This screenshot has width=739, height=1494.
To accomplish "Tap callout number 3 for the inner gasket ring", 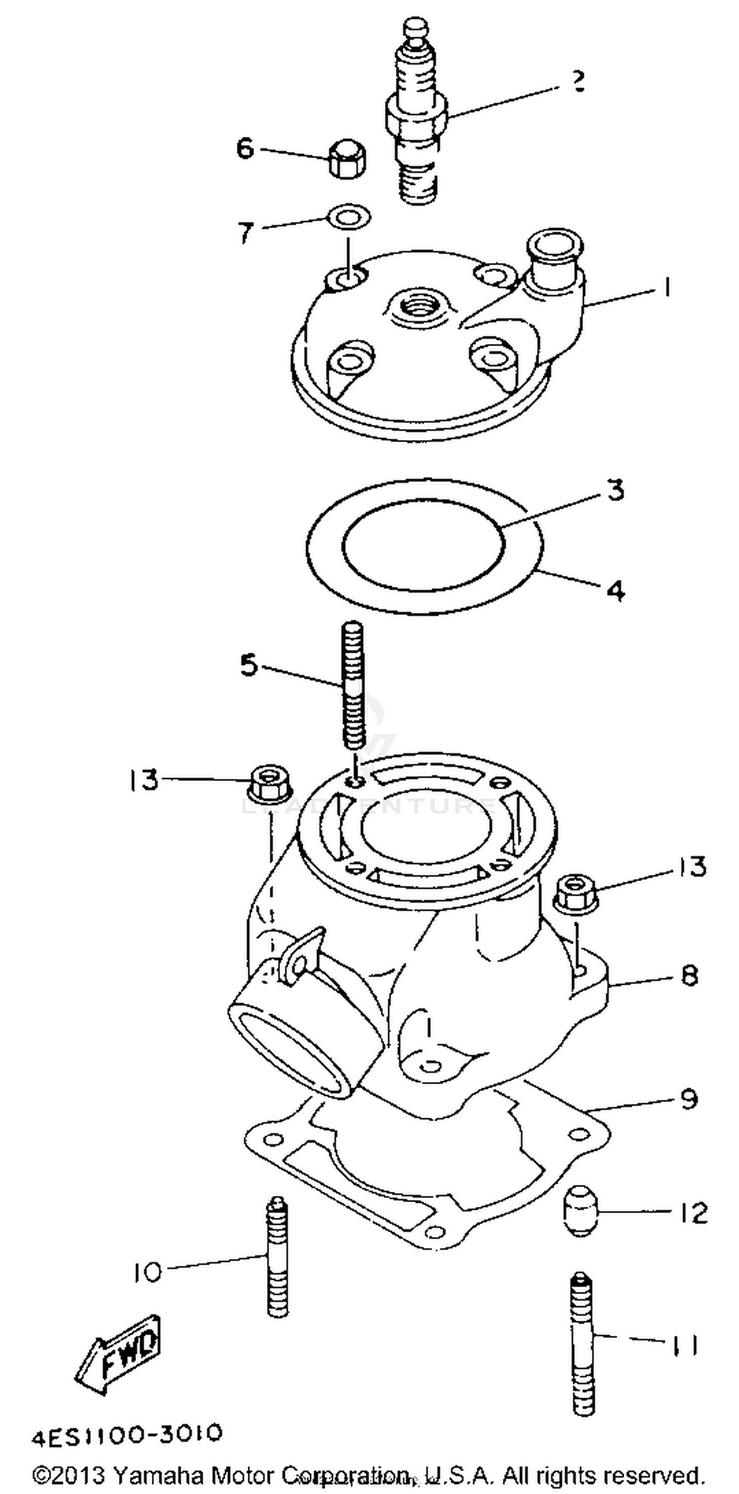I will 615,490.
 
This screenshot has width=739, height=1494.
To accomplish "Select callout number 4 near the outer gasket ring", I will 615,591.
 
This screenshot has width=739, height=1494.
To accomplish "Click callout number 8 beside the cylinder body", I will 689,975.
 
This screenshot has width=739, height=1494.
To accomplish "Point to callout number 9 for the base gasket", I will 689,1099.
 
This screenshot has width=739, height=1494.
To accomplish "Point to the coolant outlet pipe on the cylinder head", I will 554,255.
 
